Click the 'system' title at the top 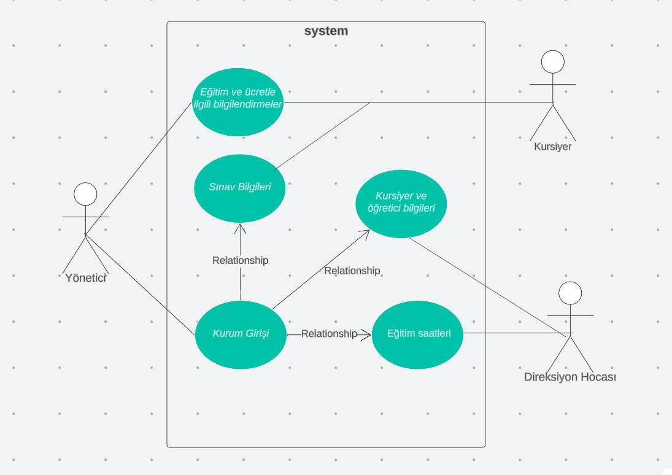point(326,31)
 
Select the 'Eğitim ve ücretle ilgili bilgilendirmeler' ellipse point(238,102)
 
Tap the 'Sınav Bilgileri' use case point(240,188)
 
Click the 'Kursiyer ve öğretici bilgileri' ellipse point(401,204)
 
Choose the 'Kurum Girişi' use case point(241,334)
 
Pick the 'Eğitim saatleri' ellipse point(417,334)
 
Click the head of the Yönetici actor point(85,194)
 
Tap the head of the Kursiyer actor point(552,61)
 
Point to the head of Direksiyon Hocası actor point(570,293)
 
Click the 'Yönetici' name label point(86,278)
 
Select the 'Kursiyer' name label point(552,147)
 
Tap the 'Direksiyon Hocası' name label point(570,377)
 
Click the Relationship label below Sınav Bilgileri point(240,260)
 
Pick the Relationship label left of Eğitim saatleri point(329,334)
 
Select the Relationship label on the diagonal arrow point(352,271)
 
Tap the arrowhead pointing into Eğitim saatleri point(367,334)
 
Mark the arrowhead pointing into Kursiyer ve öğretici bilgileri point(365,233)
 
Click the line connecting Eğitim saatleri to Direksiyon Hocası point(516,333)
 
